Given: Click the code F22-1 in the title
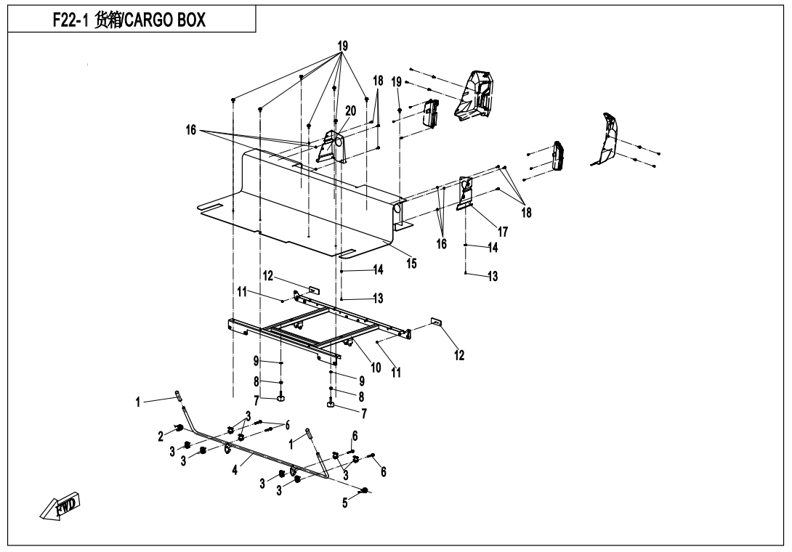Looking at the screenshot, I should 72,20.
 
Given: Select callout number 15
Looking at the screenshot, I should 412,264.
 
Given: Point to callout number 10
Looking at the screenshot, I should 376,368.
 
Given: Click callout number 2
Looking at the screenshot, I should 161,436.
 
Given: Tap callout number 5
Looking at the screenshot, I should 346,502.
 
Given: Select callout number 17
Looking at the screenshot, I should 503,232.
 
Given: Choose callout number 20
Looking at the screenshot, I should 350,110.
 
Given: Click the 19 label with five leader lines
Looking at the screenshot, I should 341,44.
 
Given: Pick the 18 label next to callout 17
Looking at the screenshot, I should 525,213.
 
